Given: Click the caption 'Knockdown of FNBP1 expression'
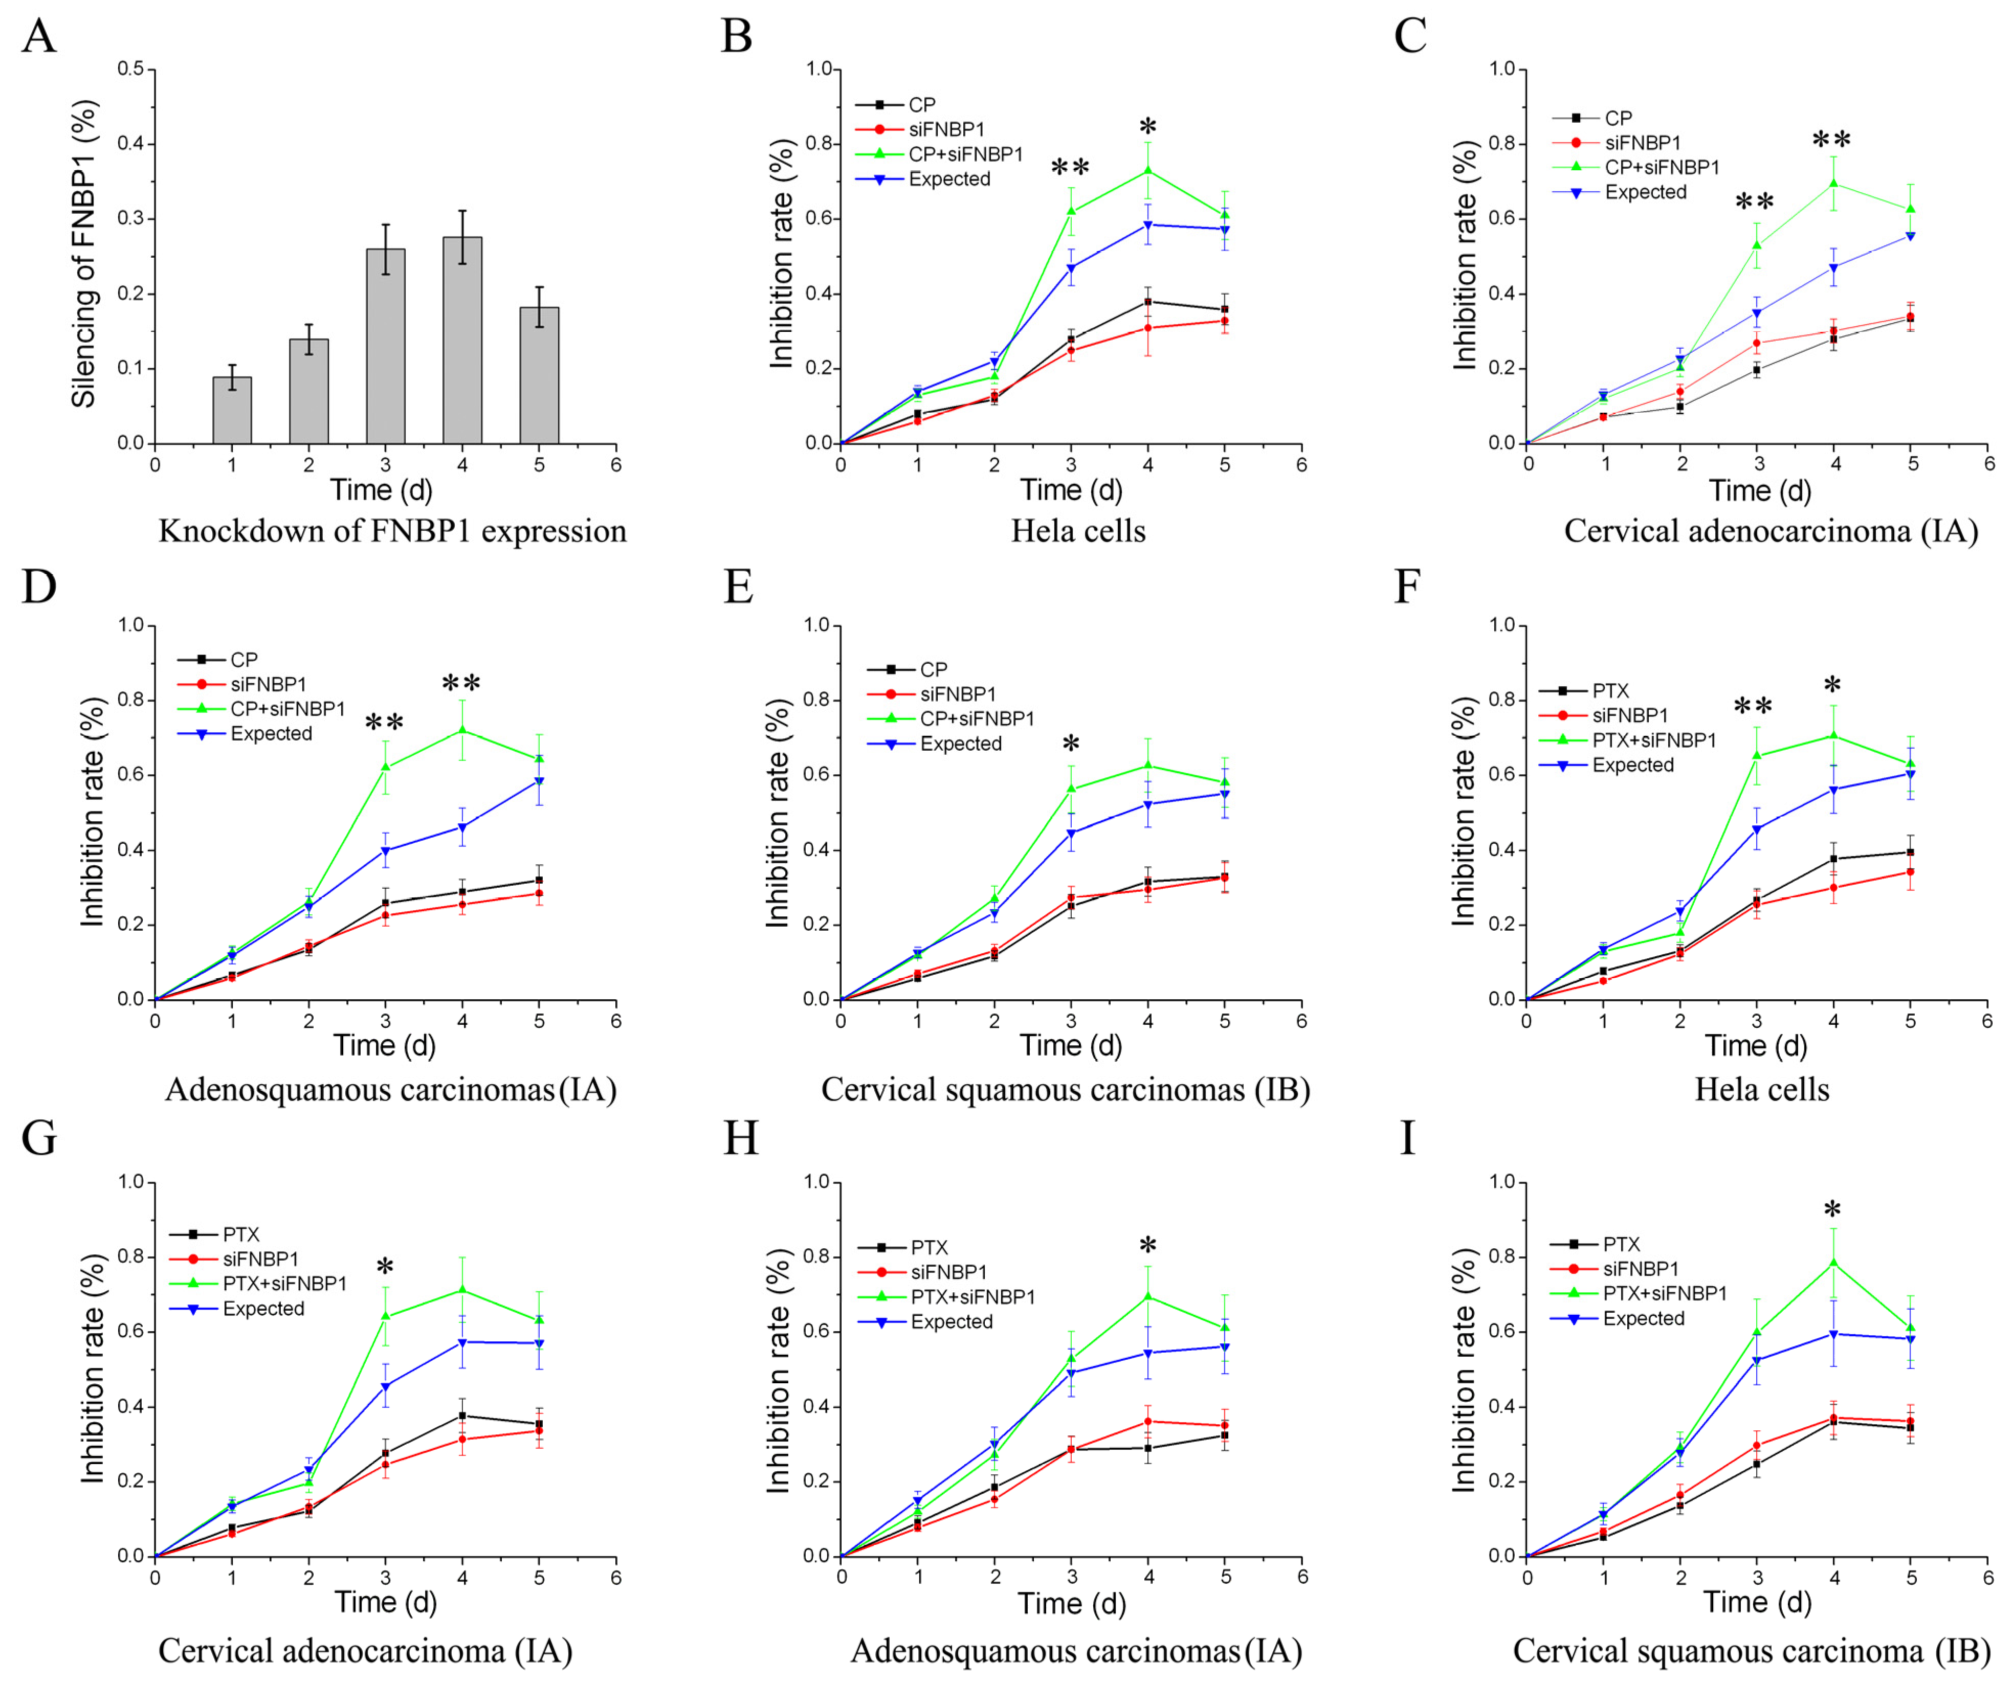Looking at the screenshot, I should pos(392,531).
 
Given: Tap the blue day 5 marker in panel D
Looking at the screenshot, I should pos(539,782).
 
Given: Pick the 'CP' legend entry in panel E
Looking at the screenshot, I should pos(933,669).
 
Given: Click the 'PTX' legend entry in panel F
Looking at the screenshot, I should pos(1610,690).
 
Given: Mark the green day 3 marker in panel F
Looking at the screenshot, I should pos(1757,755).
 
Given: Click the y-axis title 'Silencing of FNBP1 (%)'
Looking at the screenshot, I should pos(84,254).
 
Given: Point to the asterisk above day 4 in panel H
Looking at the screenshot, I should pos(1147,1247).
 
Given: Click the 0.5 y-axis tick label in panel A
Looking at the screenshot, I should pos(131,69).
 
